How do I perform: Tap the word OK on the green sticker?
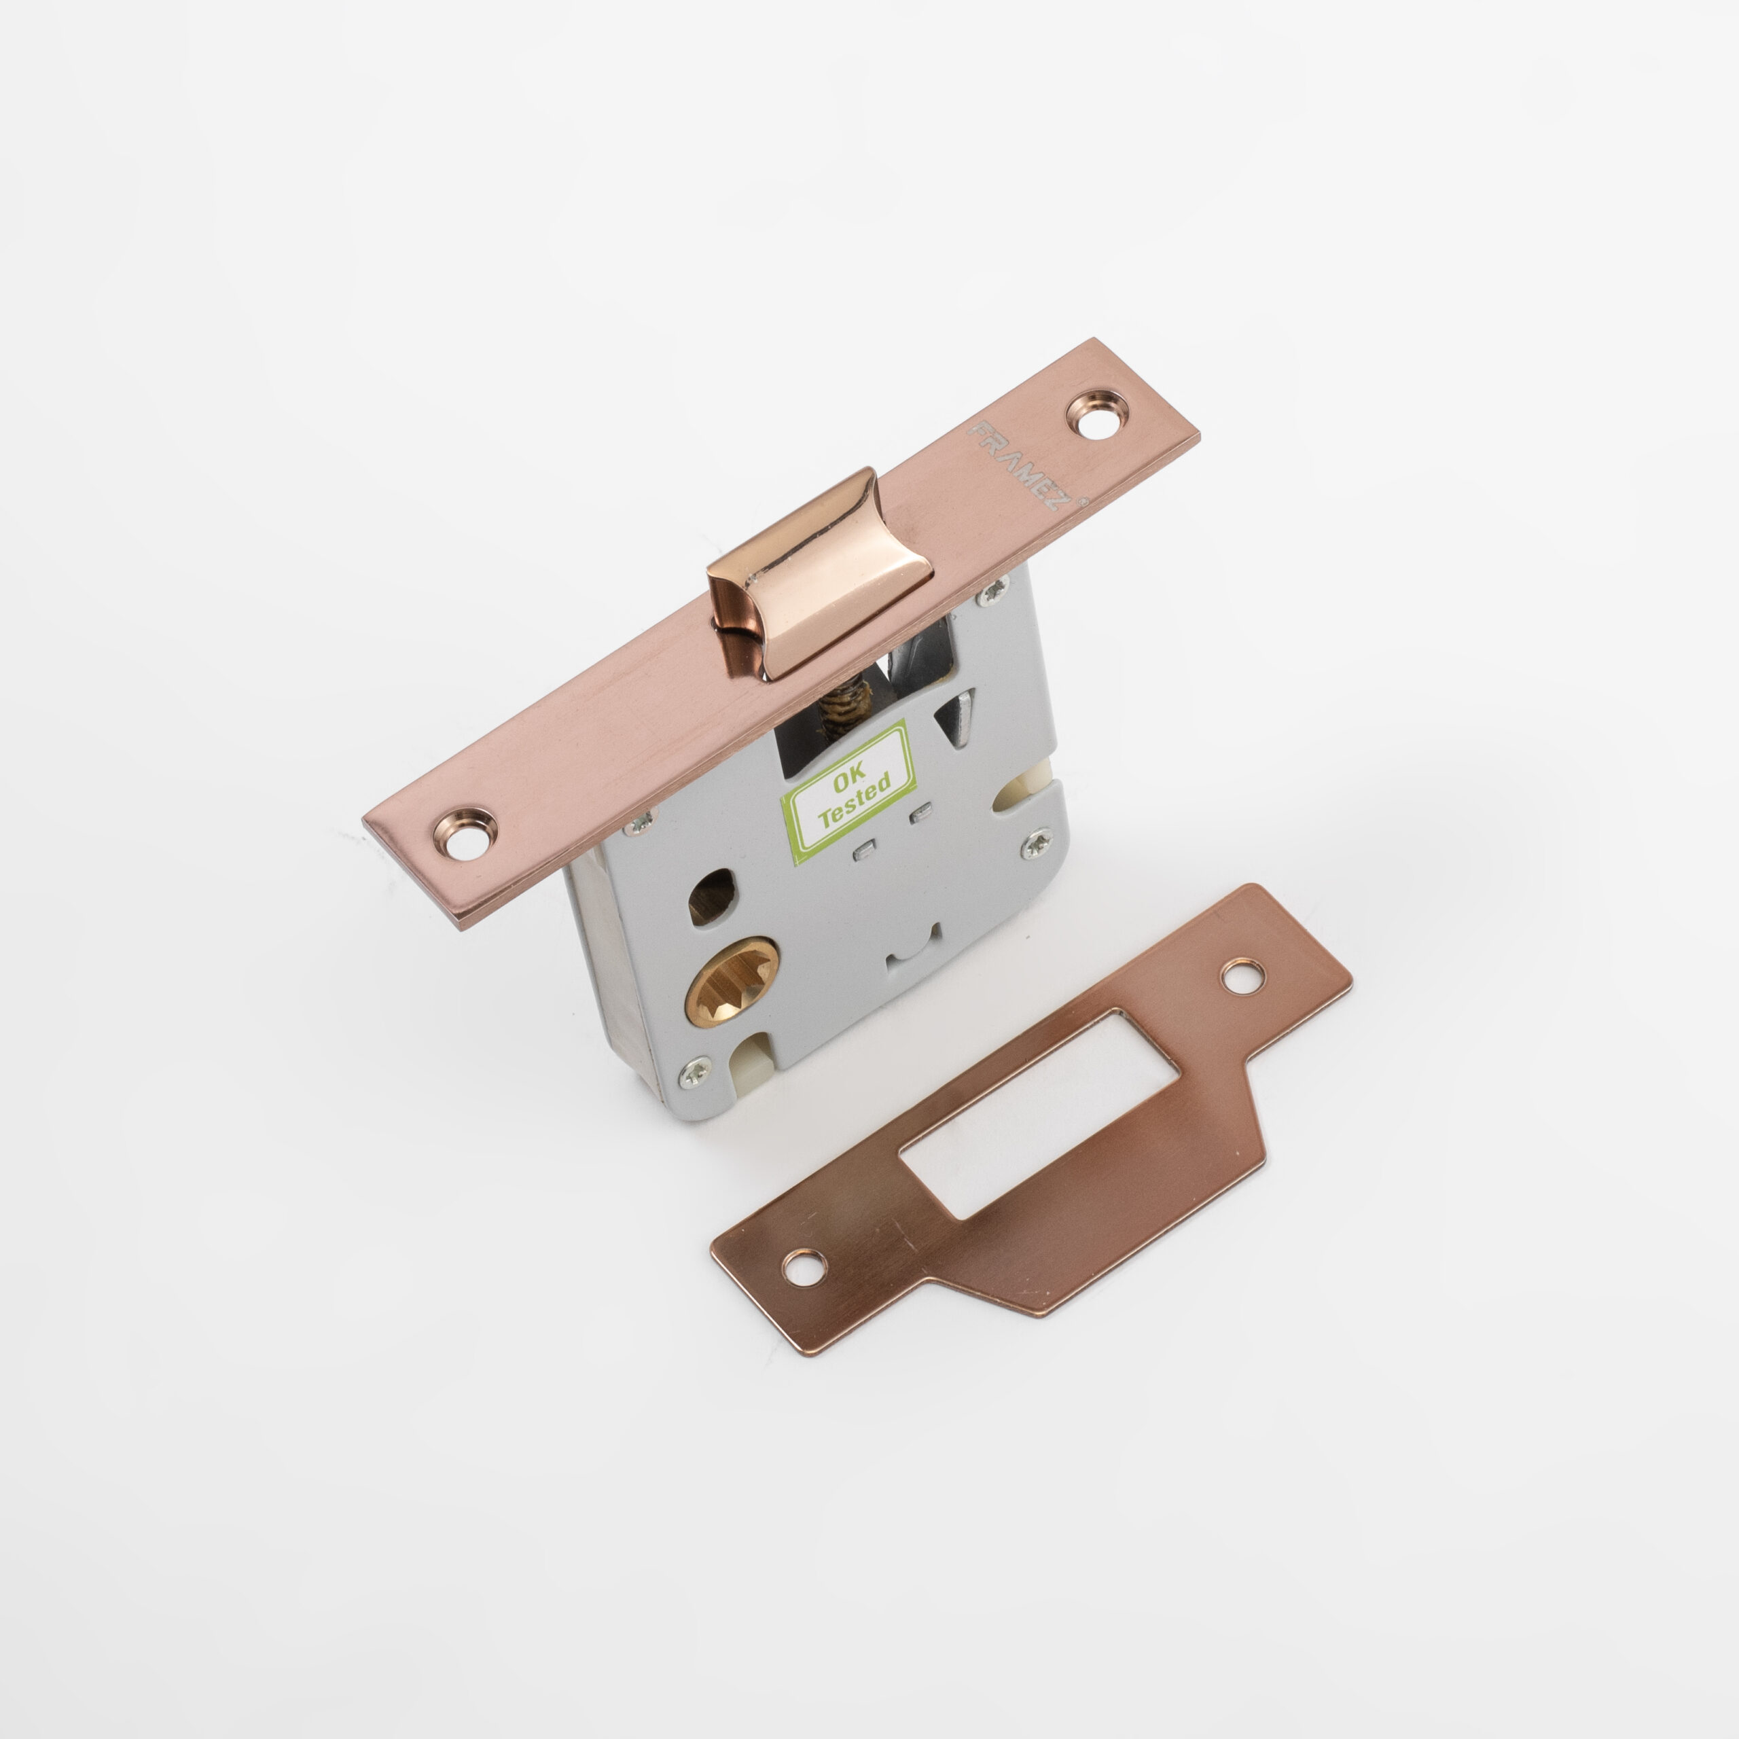[x=849, y=781]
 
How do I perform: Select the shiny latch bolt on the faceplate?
[x=819, y=570]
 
